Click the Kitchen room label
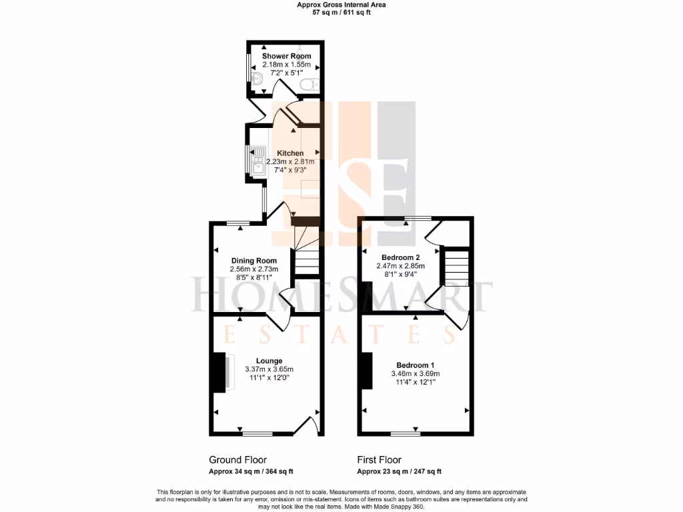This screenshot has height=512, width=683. click(x=290, y=153)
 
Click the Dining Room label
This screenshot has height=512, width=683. click(x=253, y=261)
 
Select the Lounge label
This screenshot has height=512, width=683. click(x=269, y=361)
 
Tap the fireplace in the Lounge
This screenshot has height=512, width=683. click(x=220, y=372)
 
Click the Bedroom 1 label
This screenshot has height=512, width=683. click(x=416, y=365)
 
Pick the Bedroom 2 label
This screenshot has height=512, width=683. click(x=400, y=257)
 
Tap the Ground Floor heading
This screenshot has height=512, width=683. click(x=238, y=460)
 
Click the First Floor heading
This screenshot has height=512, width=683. click(x=380, y=460)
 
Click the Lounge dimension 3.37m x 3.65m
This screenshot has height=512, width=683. click(x=269, y=369)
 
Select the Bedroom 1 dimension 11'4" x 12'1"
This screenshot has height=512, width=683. click(x=415, y=382)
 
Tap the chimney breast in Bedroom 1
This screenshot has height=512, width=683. click(x=365, y=371)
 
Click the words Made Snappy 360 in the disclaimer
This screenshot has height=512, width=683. click(x=400, y=507)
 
